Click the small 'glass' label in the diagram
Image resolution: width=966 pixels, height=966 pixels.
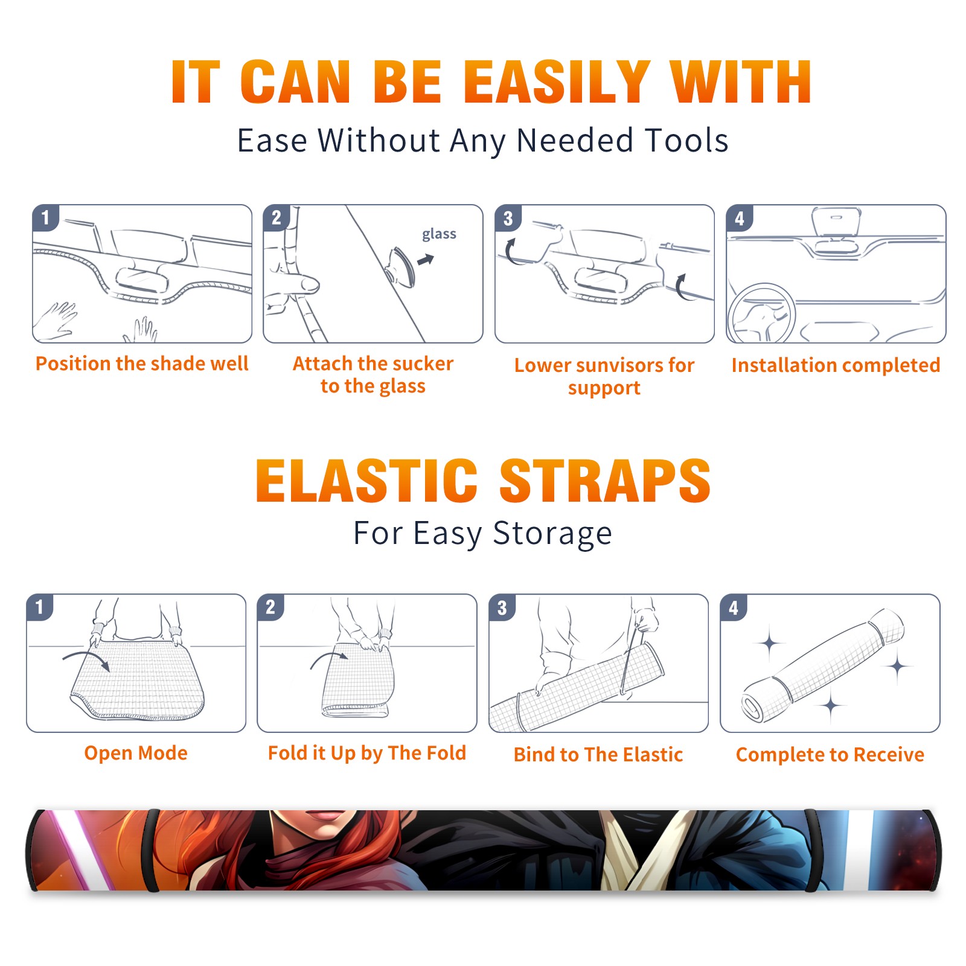(439, 234)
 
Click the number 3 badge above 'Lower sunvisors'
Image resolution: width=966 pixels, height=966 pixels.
(508, 218)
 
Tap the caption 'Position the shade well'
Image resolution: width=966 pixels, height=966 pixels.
(142, 363)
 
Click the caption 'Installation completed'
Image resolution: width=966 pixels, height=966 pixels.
(836, 365)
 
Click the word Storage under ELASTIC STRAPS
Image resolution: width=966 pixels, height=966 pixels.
(552, 534)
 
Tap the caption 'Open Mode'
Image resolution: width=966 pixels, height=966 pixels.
(136, 753)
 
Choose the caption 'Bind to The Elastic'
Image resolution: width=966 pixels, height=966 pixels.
(598, 755)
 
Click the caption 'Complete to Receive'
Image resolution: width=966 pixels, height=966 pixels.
(830, 755)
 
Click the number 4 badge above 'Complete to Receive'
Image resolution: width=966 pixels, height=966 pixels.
(733, 607)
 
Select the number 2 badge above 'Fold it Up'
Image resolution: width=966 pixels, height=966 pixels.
(270, 607)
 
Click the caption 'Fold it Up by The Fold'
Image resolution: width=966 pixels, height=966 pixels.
(367, 753)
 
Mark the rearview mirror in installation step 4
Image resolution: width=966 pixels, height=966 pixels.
(836, 222)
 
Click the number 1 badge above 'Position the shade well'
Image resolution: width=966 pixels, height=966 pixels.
(45, 217)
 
